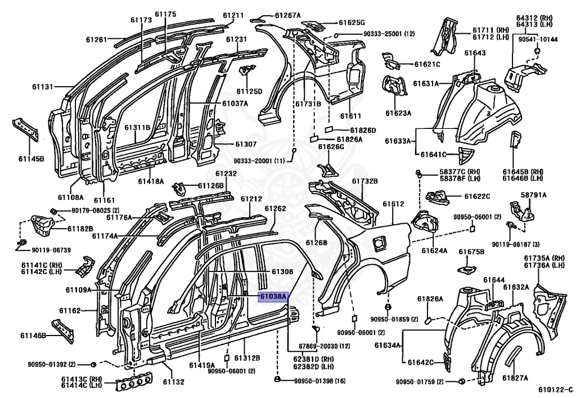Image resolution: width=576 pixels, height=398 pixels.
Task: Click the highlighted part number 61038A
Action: click(273, 296)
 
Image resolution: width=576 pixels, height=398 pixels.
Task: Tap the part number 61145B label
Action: click(31, 159)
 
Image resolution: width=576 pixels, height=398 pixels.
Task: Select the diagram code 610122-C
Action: click(555, 390)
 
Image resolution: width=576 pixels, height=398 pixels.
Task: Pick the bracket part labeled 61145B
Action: click(25, 129)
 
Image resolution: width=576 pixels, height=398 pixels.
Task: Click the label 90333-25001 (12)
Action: click(389, 34)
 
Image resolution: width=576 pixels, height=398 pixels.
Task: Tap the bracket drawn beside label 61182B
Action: click(42, 226)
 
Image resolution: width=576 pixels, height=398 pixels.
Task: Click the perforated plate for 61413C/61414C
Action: click(134, 382)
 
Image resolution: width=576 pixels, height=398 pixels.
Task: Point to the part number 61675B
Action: click(472, 252)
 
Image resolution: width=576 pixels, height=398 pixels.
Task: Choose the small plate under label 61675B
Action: click(467, 269)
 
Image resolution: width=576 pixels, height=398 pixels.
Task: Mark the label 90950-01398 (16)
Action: click(319, 381)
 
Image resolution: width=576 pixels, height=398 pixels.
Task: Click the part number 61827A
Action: click(515, 378)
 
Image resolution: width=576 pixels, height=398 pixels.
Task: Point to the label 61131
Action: click(43, 87)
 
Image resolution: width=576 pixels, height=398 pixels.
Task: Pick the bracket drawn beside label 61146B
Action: click(63, 331)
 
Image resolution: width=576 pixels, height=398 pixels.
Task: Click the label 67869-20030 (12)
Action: click(325, 346)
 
